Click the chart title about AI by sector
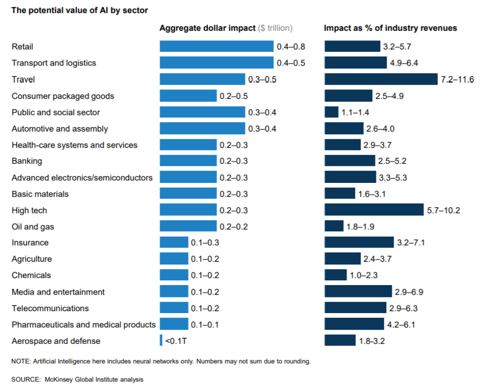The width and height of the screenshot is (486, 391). pyautogui.click(x=79, y=10)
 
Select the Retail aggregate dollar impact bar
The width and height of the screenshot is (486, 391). pyautogui.click(x=216, y=47)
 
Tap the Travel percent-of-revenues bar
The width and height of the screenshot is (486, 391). pyautogui.click(x=381, y=79)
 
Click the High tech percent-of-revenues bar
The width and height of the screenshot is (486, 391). pyautogui.click(x=374, y=210)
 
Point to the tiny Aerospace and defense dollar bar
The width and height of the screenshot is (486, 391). pyautogui.click(x=161, y=341)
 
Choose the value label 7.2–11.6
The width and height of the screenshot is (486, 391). pyautogui.click(x=458, y=79)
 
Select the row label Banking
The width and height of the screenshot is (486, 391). pyautogui.click(x=27, y=161)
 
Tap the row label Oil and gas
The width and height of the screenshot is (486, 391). pyautogui.click(x=33, y=227)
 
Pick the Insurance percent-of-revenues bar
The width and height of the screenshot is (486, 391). pyautogui.click(x=359, y=243)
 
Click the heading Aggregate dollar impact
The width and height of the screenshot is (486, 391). pyautogui.click(x=207, y=28)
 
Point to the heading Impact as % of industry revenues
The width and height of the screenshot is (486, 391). pyautogui.click(x=390, y=28)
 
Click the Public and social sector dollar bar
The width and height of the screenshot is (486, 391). pyautogui.click(x=202, y=112)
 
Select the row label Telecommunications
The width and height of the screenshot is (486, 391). pyautogui.click(x=50, y=308)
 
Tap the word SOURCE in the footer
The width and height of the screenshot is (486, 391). pyautogui.click(x=26, y=380)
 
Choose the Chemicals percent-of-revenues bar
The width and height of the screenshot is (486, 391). pyautogui.click(x=336, y=276)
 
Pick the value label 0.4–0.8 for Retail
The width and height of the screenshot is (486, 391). pyautogui.click(x=291, y=47)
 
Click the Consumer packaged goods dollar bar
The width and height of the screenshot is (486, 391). pyautogui.click(x=188, y=96)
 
